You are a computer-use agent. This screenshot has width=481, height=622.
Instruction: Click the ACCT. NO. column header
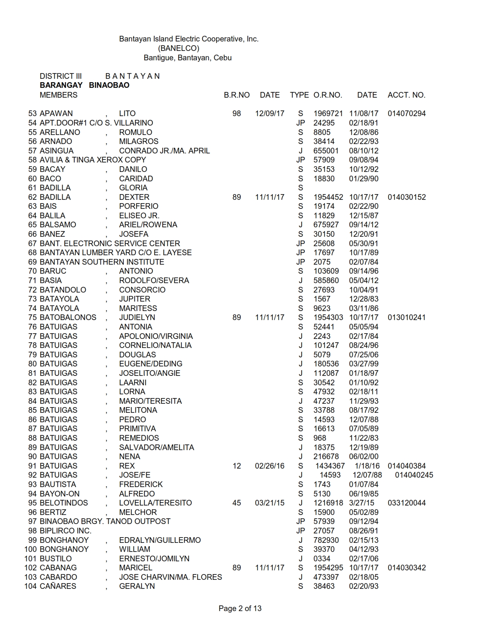pos(406,95)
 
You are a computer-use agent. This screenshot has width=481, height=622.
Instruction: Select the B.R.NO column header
pos(237,95)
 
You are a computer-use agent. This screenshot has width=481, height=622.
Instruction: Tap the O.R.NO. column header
pos(327,95)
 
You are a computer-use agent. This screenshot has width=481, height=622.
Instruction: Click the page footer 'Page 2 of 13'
pos(240,608)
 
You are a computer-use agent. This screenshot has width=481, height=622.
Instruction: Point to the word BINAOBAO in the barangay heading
pos(109,85)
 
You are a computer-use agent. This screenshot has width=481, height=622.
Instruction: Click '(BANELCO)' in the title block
pos(178,48)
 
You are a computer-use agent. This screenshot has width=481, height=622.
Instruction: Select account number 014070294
pos(406,113)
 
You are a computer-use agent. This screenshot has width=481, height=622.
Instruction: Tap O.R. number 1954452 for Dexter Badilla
pos(328,197)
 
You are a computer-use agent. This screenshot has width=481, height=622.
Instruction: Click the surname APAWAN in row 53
pos(56,113)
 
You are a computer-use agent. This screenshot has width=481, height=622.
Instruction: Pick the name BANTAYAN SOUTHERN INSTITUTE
pos(102,262)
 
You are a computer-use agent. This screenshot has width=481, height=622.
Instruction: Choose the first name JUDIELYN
pos(137,317)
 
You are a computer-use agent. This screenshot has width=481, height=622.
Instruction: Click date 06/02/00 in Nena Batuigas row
pos(363,457)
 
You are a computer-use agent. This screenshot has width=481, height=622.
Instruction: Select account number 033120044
pos(406,503)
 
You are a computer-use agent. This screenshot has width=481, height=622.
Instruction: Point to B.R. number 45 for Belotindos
pos(237,503)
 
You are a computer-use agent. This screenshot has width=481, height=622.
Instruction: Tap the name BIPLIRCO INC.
pos(65,531)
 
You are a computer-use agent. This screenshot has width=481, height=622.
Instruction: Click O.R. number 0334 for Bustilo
pos(322,559)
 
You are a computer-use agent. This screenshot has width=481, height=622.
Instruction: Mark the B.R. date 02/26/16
pos(269,466)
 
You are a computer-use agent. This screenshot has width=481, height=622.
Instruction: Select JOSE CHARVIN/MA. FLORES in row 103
pos(171,577)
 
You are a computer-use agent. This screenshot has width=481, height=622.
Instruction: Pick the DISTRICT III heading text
pos(60,76)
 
